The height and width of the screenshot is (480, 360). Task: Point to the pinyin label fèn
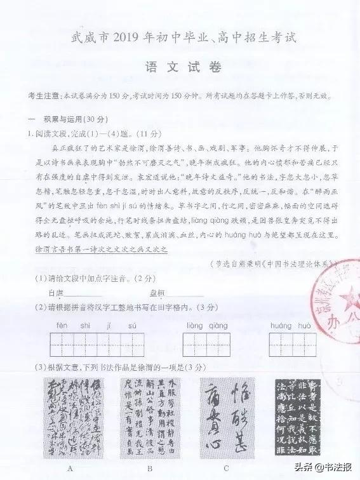point(62,326)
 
